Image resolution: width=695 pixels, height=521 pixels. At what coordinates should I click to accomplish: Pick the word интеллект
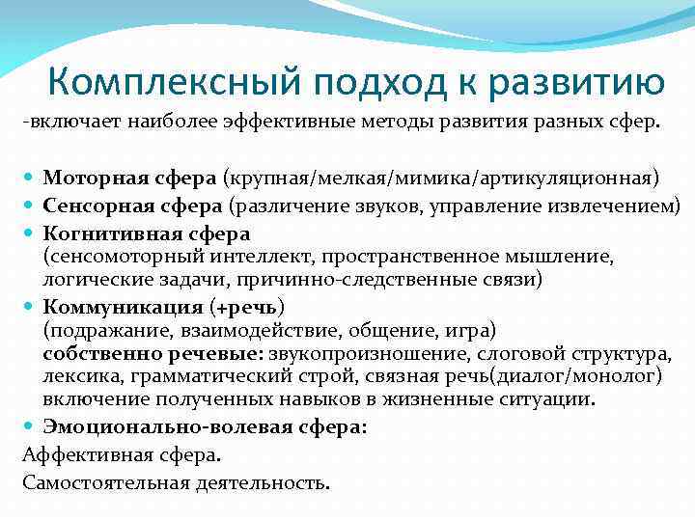coord(262,256)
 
